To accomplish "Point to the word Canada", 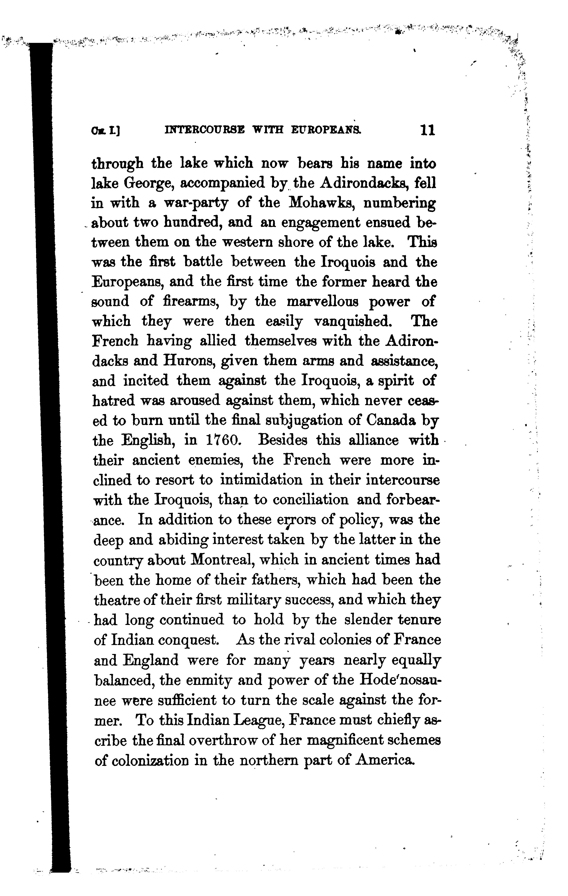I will coord(390,421).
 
